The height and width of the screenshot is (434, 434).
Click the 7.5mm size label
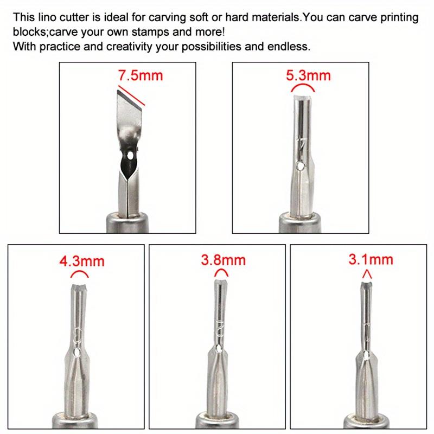(140, 75)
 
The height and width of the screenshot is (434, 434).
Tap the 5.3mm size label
(308, 75)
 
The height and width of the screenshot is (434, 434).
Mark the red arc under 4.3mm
(79, 273)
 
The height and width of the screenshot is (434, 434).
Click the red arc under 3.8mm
(219, 273)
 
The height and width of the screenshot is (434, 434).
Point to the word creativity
(116, 46)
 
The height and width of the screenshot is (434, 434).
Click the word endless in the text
(290, 46)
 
